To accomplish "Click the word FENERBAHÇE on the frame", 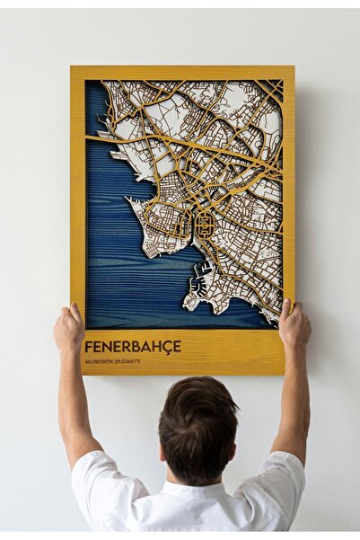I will (x=132, y=346).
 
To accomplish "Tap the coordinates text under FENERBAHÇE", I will (x=112, y=361).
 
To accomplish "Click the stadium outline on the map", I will (x=205, y=224).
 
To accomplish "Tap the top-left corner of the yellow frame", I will (x=72, y=67).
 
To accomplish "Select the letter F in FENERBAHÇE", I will (x=88, y=346).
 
